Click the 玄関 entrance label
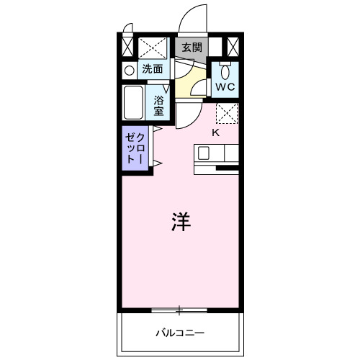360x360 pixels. (192, 49)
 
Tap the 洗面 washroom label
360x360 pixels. (153, 71)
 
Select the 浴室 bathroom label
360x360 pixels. (158, 102)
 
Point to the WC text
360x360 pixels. (225, 88)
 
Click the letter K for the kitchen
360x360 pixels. (215, 132)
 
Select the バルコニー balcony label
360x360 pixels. (180, 333)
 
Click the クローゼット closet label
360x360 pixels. (135, 148)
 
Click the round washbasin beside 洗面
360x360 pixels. (129, 71)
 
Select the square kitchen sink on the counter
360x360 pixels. (204, 153)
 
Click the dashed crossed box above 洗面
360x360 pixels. (153, 48)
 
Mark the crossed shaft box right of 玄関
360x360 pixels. (233, 48)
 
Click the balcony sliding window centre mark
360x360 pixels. (179, 311)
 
